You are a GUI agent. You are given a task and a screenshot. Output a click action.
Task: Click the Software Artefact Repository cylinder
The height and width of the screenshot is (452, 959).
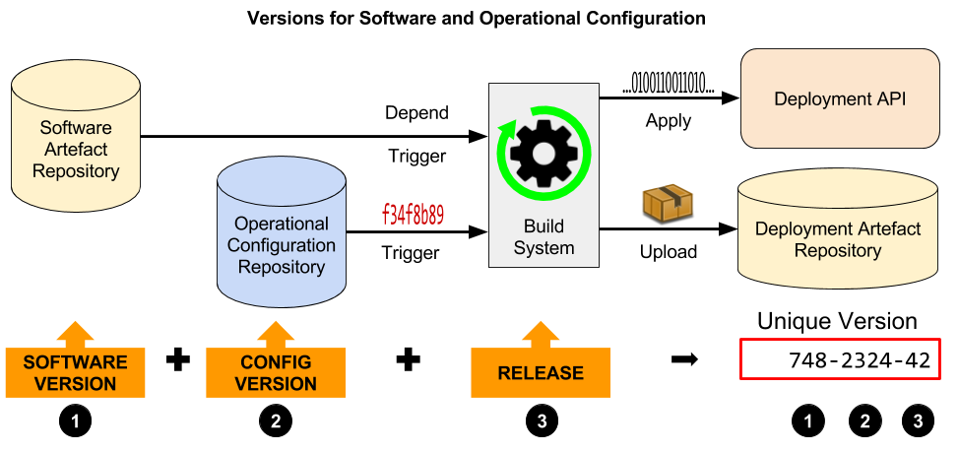pos(76,148)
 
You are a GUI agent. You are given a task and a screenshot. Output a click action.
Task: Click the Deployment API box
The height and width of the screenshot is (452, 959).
pos(839,99)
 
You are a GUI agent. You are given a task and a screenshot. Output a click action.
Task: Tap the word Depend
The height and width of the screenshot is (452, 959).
pos(416,113)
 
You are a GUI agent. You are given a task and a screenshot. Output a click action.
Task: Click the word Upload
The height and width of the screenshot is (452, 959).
pos(668,252)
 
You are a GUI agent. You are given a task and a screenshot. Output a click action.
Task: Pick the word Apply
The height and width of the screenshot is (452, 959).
pos(668,121)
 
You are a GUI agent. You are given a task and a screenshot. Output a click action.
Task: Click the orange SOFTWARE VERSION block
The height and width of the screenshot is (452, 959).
pos(76,372)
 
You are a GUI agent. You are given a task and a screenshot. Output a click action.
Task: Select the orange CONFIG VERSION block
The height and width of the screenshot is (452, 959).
pos(276,372)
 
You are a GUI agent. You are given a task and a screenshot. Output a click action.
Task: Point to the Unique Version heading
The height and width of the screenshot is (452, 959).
pos(836,321)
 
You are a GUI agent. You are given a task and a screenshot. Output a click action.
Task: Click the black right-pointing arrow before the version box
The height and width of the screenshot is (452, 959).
pos(684,359)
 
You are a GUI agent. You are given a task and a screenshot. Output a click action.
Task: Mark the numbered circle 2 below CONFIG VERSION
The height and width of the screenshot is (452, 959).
pos(276,421)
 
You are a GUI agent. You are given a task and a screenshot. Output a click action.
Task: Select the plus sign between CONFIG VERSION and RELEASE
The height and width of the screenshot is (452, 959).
pos(409,360)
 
